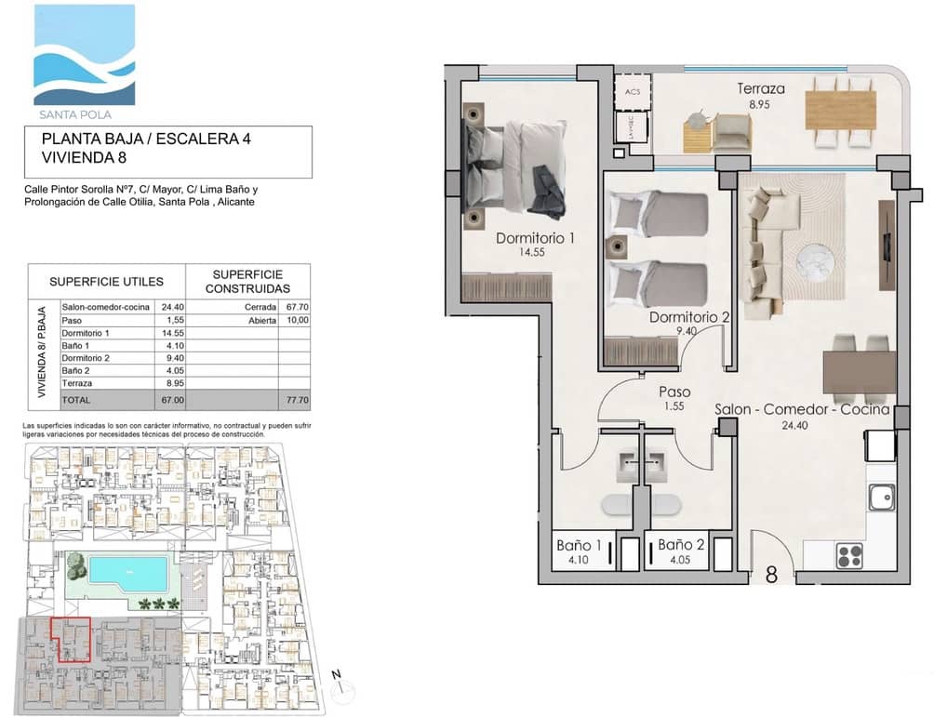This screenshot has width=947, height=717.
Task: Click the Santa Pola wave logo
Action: click(85, 56)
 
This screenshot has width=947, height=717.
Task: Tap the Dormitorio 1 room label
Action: click(535, 238)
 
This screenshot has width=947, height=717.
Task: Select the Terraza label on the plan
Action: click(761, 89)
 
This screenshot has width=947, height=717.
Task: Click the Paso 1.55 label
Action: click(674, 392)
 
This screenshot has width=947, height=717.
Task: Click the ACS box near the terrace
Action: click(633, 92)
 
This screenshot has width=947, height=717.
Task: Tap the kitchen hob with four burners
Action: click(849, 556)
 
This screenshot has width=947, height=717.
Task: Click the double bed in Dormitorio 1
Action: click(516, 167)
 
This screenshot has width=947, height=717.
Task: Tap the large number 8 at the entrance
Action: click(771, 575)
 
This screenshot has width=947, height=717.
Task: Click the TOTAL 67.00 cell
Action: click(171, 399)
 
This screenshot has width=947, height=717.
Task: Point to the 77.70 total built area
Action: click(295, 399)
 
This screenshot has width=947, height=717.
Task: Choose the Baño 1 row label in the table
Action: click(76, 345)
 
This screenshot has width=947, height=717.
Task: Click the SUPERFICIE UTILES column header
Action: click(106, 281)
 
